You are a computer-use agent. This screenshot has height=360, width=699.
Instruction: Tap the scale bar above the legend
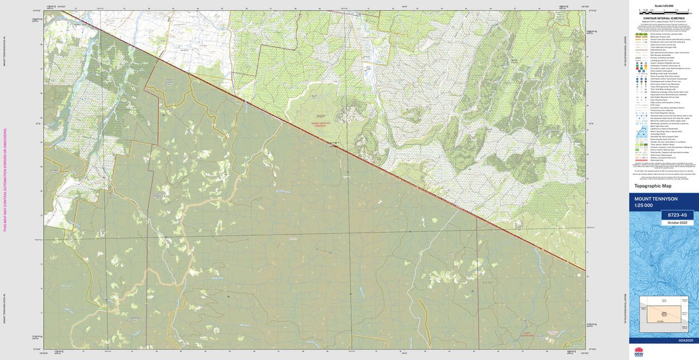click(x=665, y=10)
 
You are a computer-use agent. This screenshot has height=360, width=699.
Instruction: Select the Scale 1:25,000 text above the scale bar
click(x=665, y=5)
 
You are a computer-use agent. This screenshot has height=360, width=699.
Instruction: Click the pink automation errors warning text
click(x=5, y=175)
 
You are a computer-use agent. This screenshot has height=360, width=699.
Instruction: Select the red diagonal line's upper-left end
click(x=62, y=12)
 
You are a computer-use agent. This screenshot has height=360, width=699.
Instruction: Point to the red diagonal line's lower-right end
click(x=584, y=271)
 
